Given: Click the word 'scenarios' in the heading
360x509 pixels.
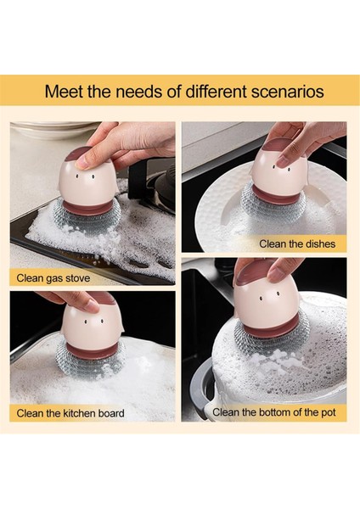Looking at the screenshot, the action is [x=288, y=92].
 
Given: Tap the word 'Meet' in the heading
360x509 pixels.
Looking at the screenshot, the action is [x=64, y=92].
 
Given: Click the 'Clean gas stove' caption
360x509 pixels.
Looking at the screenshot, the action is [x=53, y=278].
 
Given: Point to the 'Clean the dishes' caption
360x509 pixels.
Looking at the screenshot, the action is [x=297, y=243].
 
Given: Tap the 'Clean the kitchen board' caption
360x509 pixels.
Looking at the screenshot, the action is [x=70, y=413].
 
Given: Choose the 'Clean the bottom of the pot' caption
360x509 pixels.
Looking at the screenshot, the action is [x=274, y=412].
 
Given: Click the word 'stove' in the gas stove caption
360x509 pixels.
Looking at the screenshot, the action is [x=78, y=278].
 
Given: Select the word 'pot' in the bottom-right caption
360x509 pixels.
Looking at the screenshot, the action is [x=328, y=412].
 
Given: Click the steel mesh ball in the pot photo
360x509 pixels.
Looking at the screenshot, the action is [x=270, y=343].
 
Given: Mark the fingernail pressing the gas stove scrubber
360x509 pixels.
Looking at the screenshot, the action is [x=82, y=162].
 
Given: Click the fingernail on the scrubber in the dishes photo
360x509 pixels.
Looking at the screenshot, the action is [x=284, y=160].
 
